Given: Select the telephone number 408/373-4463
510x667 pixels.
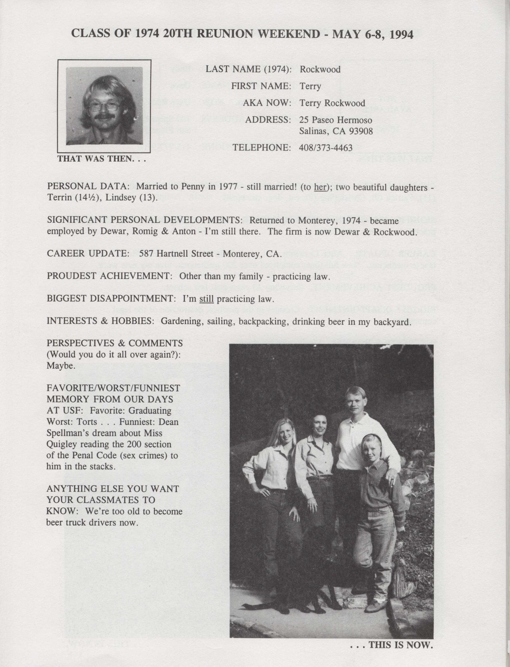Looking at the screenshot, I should pos(326,148).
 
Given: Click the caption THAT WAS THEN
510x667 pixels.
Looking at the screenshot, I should pos(101,159).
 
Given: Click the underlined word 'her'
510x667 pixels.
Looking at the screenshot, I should pos(320,187).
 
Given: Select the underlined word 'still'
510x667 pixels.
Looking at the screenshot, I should pos(206,299).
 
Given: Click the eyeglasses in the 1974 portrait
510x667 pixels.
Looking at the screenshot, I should pos(104,106).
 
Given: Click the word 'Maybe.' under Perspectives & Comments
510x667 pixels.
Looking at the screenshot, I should pos(61,366).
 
